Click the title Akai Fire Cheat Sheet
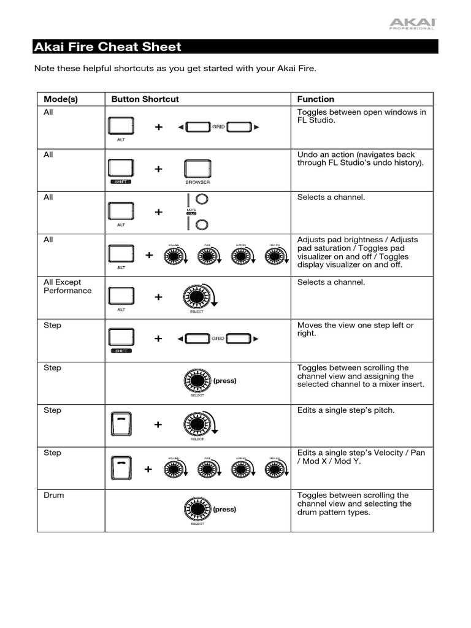108,47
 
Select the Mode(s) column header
61,99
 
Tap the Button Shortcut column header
145,99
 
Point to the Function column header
316,99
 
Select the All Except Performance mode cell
67,286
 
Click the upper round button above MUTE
202,199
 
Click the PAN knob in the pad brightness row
209,256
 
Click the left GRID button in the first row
197,127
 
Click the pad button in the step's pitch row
121,424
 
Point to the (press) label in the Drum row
224,509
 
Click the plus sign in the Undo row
159,169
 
